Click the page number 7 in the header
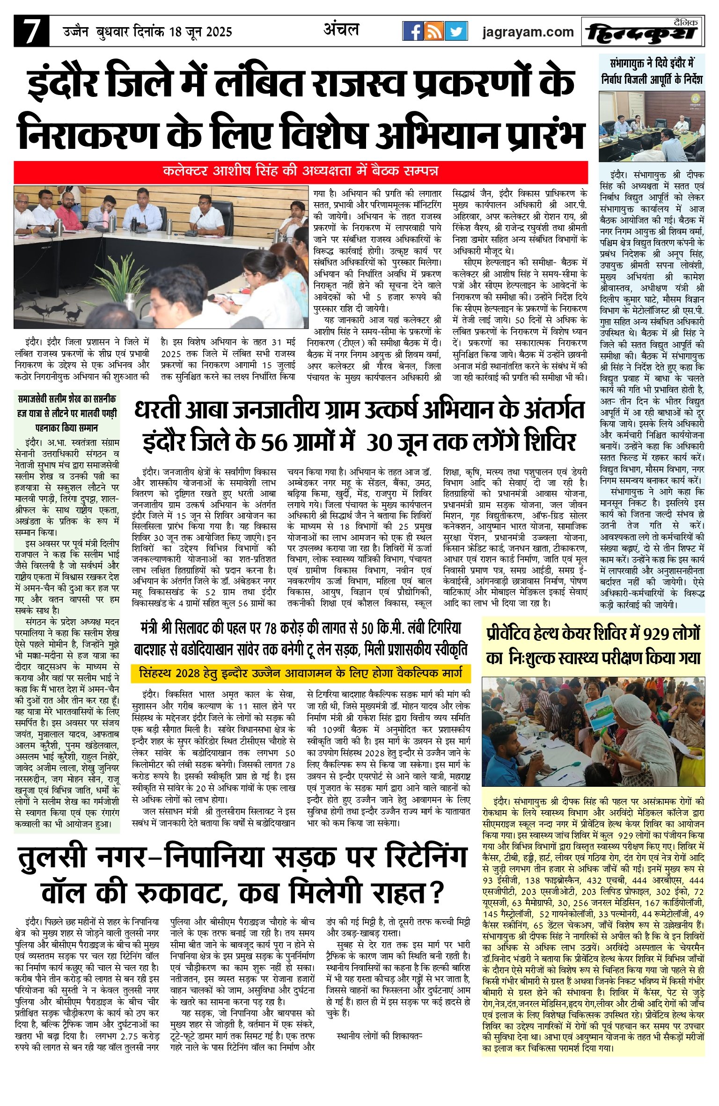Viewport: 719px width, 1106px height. pos(31,32)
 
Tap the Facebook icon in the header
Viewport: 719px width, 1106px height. pos(413,31)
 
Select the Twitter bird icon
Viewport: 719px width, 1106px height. pos(456,31)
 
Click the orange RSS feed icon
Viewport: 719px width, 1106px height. pos(434,31)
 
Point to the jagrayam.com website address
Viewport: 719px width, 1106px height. pos(528,32)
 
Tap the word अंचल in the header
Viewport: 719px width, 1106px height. pos(341,30)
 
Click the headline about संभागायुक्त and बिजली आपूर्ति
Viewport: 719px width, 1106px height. pos(652,71)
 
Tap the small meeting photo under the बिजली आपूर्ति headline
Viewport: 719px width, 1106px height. pos(652,126)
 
